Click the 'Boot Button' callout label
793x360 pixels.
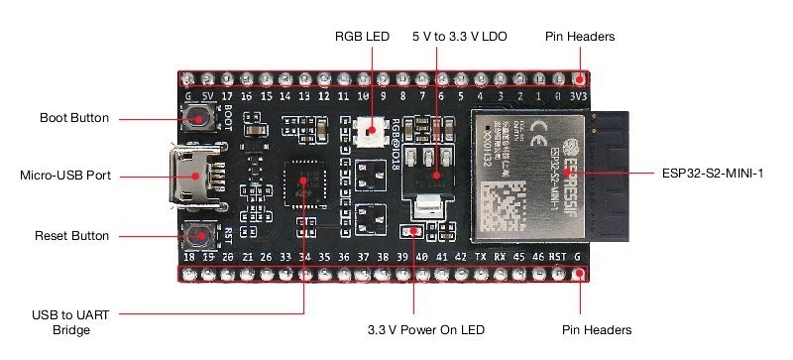pyautogui.click(x=74, y=118)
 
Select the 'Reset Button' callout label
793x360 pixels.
pyautogui.click(x=72, y=236)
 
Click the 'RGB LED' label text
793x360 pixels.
pyautogui.click(x=362, y=36)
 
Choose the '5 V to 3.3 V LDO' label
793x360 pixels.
pyautogui.click(x=459, y=36)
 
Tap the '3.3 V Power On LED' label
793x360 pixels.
pyautogui.click(x=425, y=329)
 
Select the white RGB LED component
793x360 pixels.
pyautogui.click(x=369, y=130)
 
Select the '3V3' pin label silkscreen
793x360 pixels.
pyautogui.click(x=577, y=96)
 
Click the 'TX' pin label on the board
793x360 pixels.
pyautogui.click(x=481, y=256)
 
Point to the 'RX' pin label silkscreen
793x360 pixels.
pyautogui.click(x=500, y=256)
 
